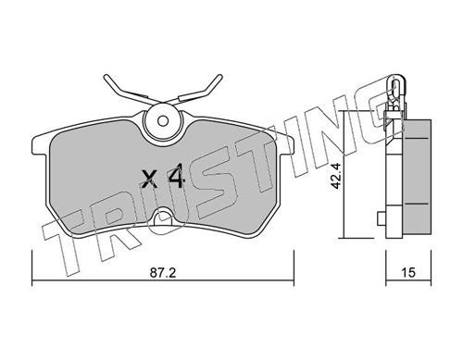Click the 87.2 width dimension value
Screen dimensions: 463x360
[163, 273]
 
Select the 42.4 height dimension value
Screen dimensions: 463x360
[335, 176]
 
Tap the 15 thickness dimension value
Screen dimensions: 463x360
[408, 273]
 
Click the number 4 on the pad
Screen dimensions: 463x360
[175, 176]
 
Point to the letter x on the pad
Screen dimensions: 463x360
[149, 180]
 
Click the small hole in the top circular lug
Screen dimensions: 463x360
[163, 120]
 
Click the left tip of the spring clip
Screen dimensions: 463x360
[106, 77]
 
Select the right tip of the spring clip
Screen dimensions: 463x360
[219, 77]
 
